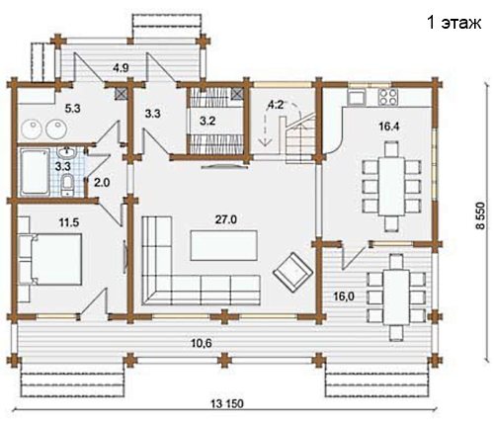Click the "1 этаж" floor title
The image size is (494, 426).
click(x=454, y=23)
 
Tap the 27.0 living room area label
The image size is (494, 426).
click(x=226, y=219)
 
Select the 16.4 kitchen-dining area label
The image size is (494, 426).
click(x=389, y=126)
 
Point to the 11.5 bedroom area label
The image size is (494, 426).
click(x=69, y=222)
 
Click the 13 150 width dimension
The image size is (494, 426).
click(x=226, y=403)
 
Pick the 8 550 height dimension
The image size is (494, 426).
click(x=480, y=215)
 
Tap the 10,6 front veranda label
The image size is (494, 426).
click(x=202, y=343)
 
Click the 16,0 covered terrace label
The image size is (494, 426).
click(x=344, y=297)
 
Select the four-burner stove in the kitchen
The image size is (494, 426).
click(x=388, y=96)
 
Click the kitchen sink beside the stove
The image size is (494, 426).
click(x=357, y=97)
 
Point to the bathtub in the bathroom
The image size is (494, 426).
click(x=34, y=172)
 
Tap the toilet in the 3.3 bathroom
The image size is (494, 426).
click(x=68, y=185)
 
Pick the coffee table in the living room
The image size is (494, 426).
click(x=224, y=245)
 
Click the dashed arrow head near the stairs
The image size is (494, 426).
click(x=265, y=142)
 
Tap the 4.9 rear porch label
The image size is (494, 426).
click(x=121, y=68)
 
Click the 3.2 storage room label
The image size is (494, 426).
click(x=207, y=121)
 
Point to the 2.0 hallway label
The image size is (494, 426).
click(x=102, y=182)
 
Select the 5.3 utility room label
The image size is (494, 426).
click(x=72, y=109)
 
